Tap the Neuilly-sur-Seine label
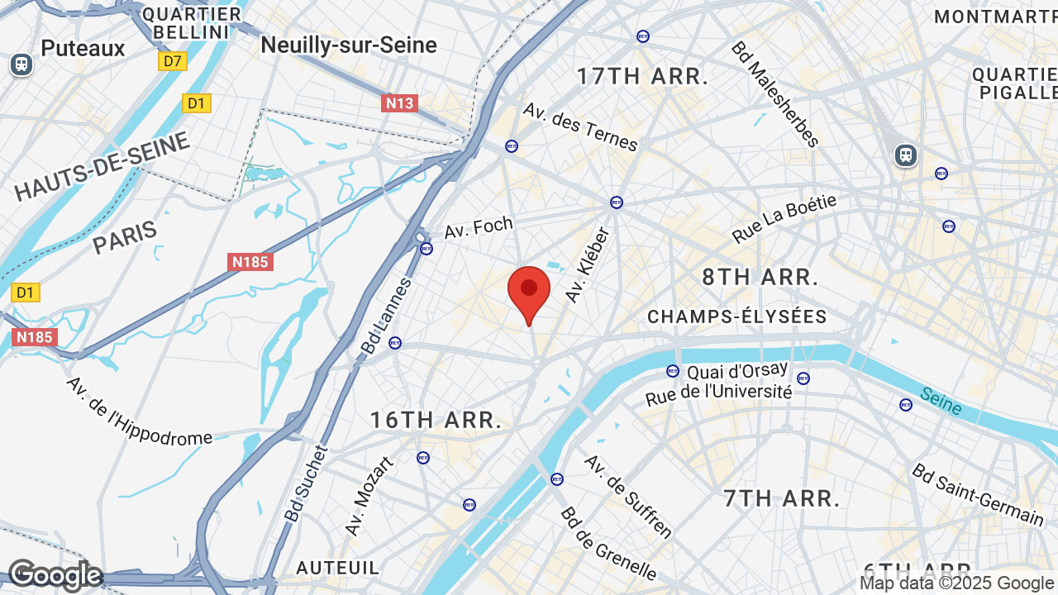pyautogui.click(x=349, y=45)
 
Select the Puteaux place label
pyautogui.click(x=83, y=48)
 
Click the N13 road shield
pyautogui.click(x=399, y=103)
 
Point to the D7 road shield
pyautogui.click(x=173, y=61)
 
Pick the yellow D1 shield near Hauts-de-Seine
pyautogui.click(x=196, y=103)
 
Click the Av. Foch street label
pyautogui.click(x=479, y=227)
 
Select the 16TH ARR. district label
pyautogui.click(x=436, y=420)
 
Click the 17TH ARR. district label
pyautogui.click(x=642, y=77)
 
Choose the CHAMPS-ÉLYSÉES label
pyautogui.click(x=737, y=317)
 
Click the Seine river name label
pyautogui.click(x=941, y=402)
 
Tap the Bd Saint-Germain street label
pyautogui.click(x=978, y=494)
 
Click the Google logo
pyautogui.click(x=55, y=575)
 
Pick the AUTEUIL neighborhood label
pyautogui.click(x=337, y=568)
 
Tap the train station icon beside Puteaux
pyautogui.click(x=21, y=64)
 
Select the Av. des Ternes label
pyautogui.click(x=580, y=127)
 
